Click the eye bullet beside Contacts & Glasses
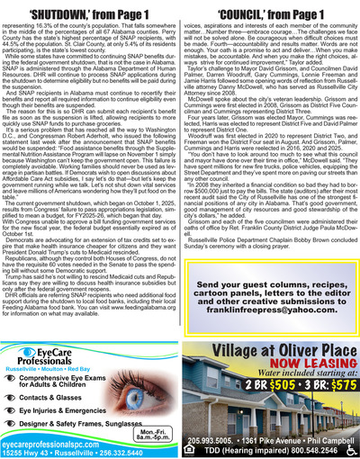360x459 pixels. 19,370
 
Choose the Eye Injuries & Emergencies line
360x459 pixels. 80,386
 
